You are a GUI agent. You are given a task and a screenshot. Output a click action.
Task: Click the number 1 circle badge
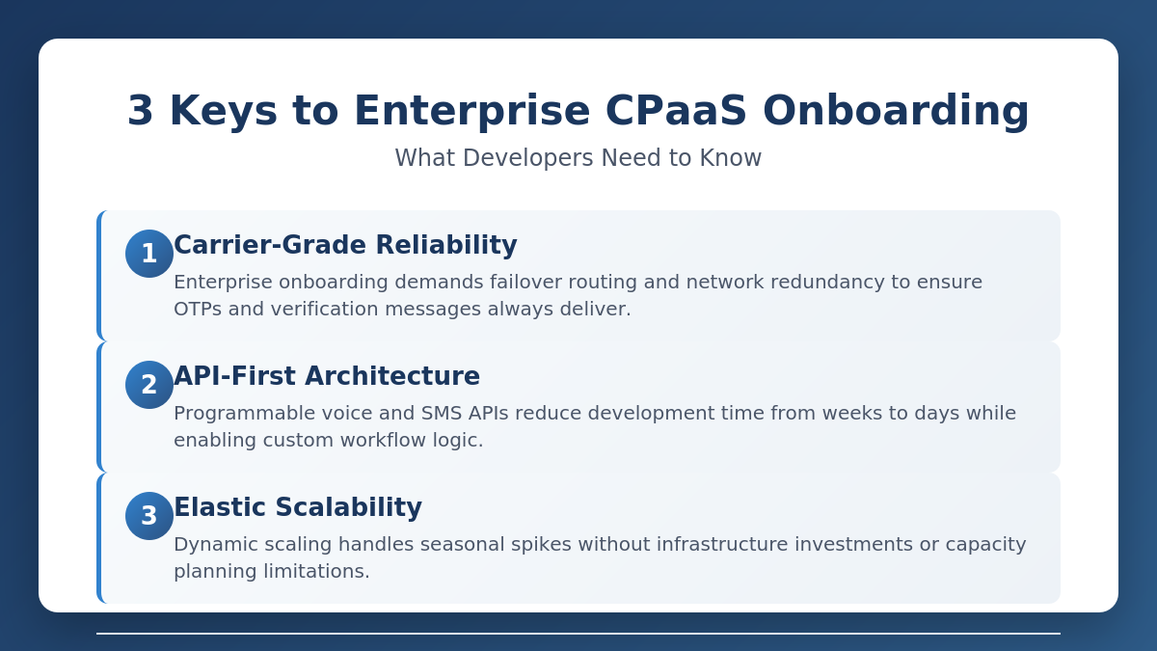[x=149, y=254]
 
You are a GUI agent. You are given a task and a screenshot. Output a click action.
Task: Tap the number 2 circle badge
[x=149, y=385]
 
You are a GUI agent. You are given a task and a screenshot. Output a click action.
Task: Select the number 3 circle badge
[x=149, y=516]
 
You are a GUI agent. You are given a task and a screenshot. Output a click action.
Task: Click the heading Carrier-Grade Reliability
[x=345, y=246]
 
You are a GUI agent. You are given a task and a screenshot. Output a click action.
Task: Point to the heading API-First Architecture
[x=327, y=377]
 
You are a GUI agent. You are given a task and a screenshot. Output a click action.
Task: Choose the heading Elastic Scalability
[x=298, y=508]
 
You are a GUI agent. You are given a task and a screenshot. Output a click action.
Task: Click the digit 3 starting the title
[x=141, y=111]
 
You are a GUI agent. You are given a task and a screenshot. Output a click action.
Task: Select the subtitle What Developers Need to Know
[x=578, y=158]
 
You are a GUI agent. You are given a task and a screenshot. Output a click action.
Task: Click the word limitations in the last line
[x=317, y=572]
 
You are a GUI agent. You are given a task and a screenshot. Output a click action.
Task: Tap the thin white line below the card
[x=578, y=634]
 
